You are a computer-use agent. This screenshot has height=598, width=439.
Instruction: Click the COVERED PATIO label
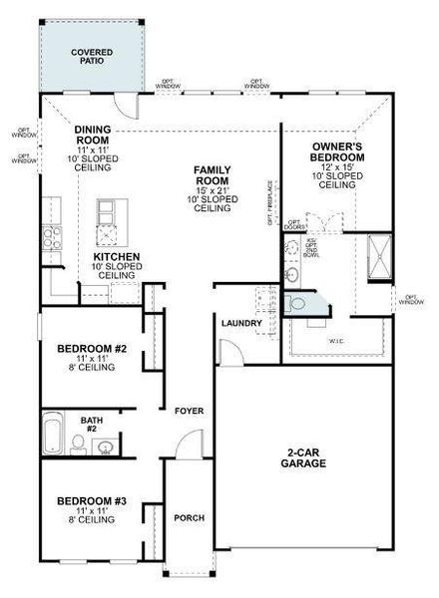[x=92, y=57]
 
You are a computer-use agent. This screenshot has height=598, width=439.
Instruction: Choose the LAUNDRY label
[x=241, y=323]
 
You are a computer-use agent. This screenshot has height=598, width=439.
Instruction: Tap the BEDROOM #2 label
[x=91, y=349]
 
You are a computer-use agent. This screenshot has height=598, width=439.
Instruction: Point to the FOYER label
[x=190, y=411]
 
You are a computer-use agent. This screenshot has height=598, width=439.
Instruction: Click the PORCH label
[x=189, y=517]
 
